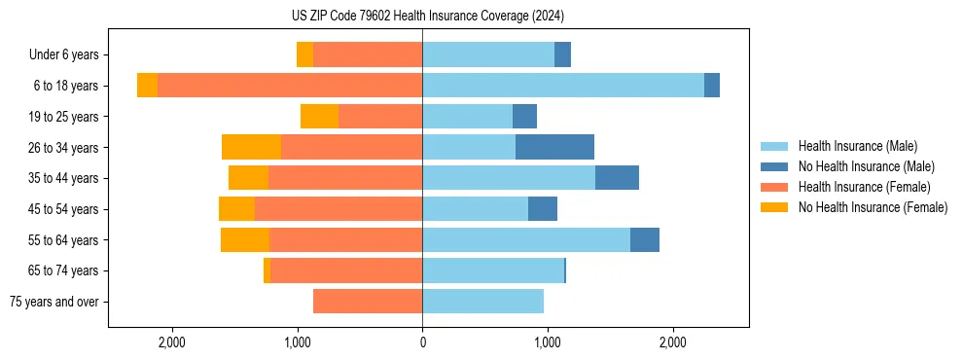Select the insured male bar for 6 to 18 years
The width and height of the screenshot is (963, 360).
coord(562,86)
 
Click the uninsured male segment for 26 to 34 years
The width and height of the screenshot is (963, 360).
coord(554,147)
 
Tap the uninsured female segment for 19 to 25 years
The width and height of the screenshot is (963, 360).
coord(319,117)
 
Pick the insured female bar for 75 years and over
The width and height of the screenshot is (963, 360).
coord(368,302)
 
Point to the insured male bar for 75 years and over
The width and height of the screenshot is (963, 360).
coord(482,302)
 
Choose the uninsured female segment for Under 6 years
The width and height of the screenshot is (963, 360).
coord(304,54)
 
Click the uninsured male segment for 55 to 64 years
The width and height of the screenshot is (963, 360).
coord(644,239)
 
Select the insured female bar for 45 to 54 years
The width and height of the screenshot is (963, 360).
coord(339,209)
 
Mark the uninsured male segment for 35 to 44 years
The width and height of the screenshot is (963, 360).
coord(617,178)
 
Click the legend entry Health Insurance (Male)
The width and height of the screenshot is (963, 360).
coord(857,146)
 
